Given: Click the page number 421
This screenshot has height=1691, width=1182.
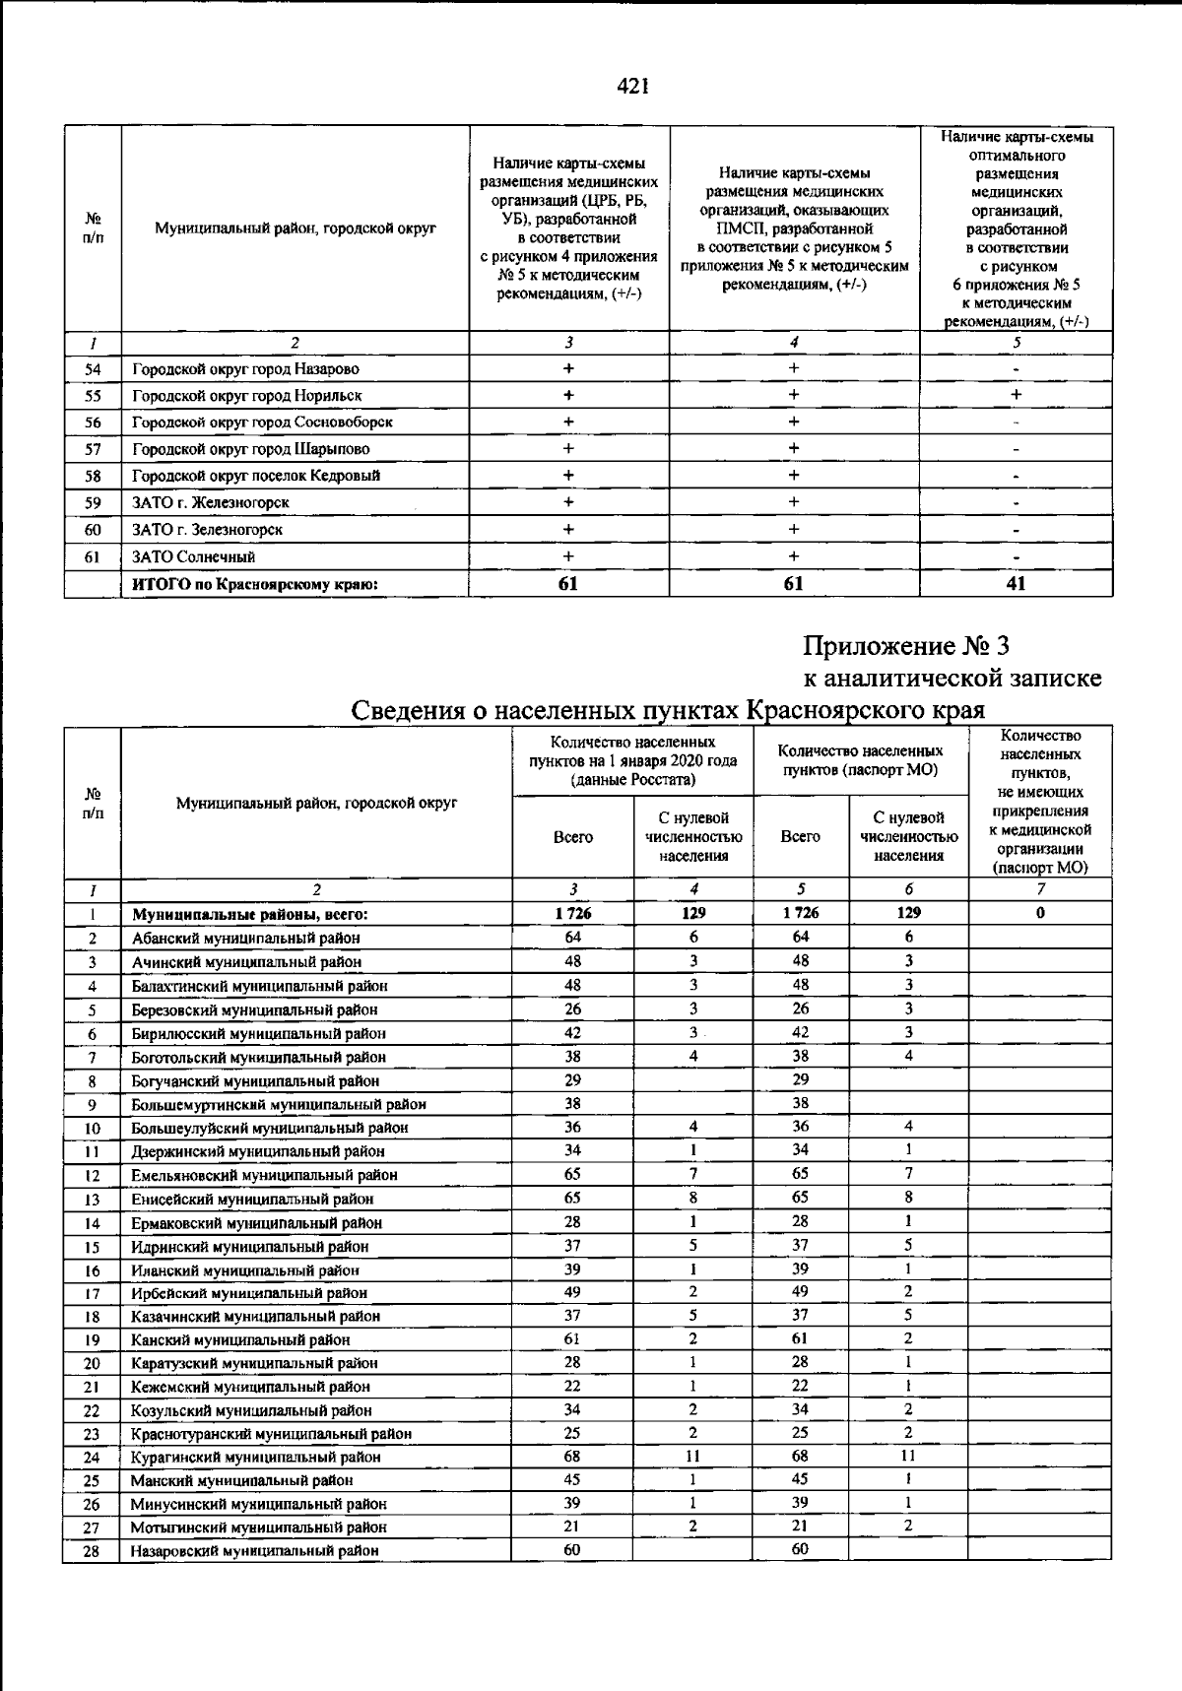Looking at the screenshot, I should click(631, 86).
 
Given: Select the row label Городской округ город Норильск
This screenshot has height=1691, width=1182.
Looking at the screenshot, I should click(247, 395).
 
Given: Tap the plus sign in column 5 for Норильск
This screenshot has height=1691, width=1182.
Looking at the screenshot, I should click(1017, 395).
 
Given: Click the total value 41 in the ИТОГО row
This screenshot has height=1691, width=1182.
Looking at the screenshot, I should click(1017, 583).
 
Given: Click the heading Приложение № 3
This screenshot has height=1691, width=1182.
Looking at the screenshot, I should click(906, 646).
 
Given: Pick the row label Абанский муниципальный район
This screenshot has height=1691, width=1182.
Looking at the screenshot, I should click(246, 938).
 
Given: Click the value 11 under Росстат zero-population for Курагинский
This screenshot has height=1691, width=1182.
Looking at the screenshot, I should click(693, 1456).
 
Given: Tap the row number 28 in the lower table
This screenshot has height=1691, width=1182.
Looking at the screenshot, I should click(92, 1550).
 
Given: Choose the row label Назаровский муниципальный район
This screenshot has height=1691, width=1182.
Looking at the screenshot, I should click(255, 1550).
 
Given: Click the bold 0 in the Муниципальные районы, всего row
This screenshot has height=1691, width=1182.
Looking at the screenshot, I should click(1040, 913).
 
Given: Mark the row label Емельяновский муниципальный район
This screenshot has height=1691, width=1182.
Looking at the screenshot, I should click(265, 1175).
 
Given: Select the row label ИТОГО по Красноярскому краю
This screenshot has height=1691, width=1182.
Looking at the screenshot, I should click(255, 584).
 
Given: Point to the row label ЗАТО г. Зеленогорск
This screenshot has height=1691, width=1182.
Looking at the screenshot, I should click(207, 529).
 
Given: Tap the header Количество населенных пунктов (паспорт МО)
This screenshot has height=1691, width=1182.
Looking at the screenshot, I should click(860, 759).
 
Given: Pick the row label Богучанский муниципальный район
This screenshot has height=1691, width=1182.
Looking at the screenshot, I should click(255, 1080).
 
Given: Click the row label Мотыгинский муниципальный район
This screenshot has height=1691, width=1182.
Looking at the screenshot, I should click(259, 1527).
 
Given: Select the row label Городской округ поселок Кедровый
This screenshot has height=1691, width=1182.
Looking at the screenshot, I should click(256, 476).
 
